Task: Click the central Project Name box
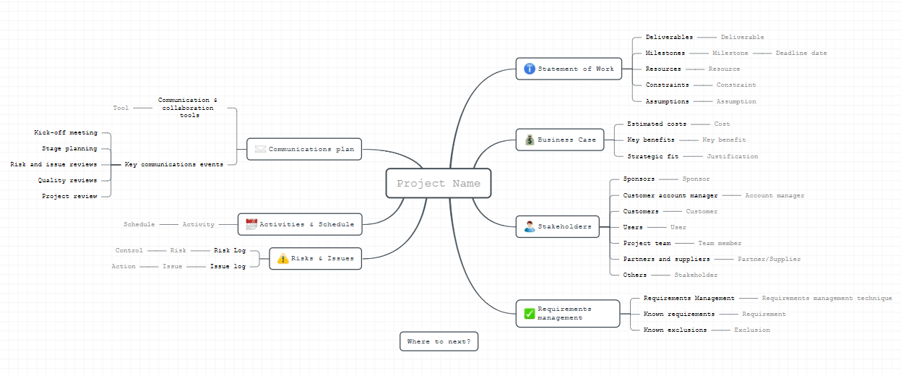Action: coord(439,183)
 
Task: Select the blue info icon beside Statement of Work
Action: coord(530,69)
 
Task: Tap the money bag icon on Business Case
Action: coord(530,140)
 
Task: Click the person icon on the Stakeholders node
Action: coord(530,226)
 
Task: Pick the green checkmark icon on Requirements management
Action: coord(530,314)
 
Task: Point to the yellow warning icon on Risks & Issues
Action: coord(283,258)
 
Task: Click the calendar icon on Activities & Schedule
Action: coord(251,224)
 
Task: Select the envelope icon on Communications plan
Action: coord(260,150)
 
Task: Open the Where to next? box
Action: coord(439,341)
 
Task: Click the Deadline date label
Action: coord(801,53)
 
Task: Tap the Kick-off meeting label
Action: coord(66,132)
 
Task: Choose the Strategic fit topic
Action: coord(653,156)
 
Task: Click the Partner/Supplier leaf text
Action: coord(769,260)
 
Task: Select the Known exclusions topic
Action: coord(675,330)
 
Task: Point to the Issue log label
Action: coord(228,267)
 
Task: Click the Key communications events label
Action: coord(173,164)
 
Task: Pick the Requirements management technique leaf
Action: coord(827,299)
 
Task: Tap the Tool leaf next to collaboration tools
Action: coord(121,108)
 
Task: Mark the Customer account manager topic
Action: coord(670,196)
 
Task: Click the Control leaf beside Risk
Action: coord(129,250)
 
